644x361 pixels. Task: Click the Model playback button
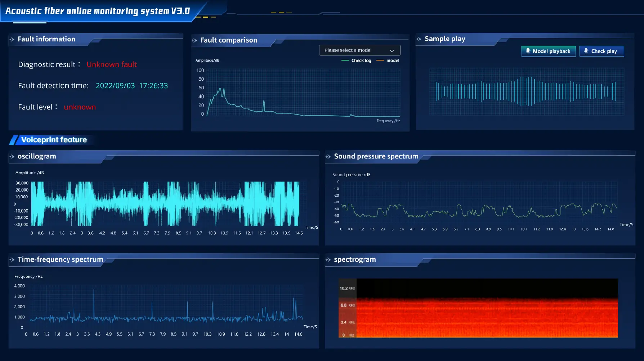548,51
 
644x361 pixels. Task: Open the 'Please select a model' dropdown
359,50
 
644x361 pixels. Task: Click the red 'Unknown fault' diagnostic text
112,64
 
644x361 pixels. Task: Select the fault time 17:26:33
153,86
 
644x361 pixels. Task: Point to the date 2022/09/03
115,86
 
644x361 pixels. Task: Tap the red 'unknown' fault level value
80,107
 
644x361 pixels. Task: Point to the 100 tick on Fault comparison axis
200,70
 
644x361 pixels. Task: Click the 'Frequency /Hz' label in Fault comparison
388,121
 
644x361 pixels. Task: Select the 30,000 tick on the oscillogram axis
22,183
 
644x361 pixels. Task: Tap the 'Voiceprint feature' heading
54,140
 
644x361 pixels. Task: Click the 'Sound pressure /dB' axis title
351,175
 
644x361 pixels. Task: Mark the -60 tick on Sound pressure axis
336,222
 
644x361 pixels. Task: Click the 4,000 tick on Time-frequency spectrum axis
19,286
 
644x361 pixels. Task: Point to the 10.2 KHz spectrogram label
347,288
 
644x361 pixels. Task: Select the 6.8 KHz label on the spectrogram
347,305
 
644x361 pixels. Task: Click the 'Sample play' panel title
445,39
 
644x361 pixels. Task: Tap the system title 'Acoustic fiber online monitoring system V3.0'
97,11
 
